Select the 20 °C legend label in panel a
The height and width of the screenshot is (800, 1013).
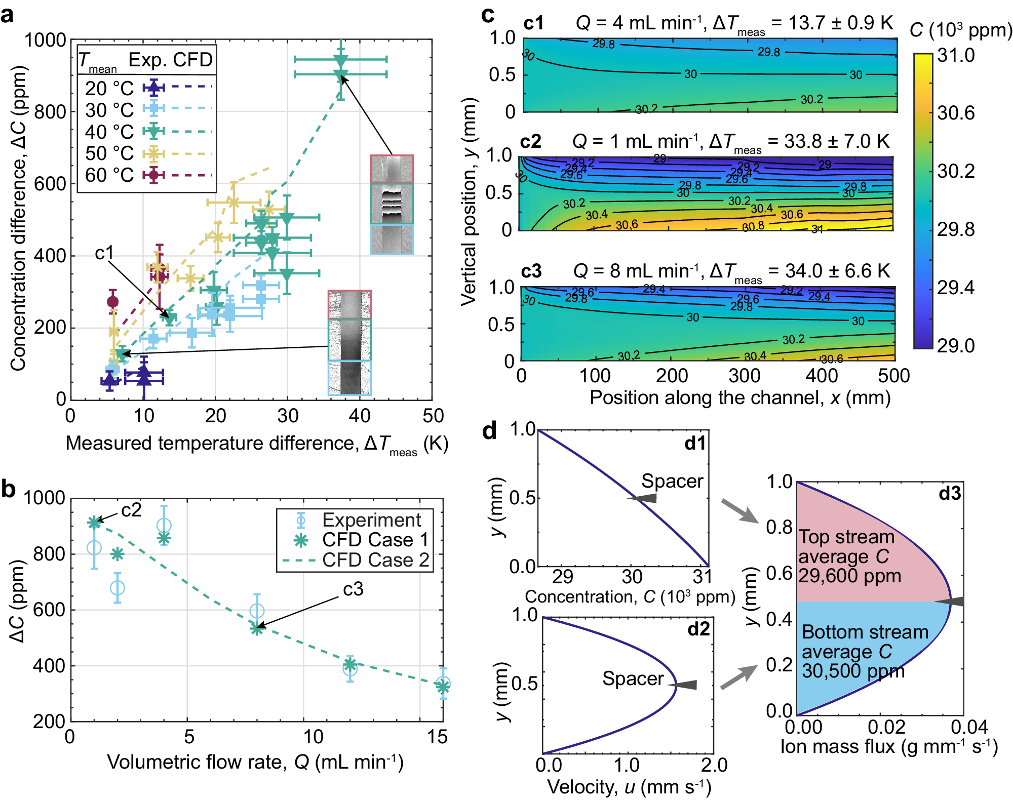[109, 88]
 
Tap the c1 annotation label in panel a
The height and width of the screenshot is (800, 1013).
[104, 253]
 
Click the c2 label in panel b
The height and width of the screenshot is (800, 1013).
[131, 510]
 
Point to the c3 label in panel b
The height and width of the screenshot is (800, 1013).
[353, 589]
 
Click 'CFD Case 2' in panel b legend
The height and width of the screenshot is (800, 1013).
[375, 560]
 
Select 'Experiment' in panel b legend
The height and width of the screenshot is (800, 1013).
[371, 520]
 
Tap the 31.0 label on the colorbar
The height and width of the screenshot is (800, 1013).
[956, 55]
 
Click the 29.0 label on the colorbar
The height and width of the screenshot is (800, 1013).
[956, 345]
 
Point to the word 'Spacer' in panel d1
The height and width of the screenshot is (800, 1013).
[672, 481]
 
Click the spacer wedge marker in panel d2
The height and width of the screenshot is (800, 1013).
[686, 685]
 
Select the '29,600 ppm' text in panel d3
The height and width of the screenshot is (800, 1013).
[849, 576]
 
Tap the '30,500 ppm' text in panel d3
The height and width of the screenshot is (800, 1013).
[853, 671]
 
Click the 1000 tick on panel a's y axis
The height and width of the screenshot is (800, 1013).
[46, 39]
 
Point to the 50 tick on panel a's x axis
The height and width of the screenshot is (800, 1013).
[433, 416]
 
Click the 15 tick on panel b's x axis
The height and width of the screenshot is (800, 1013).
[437, 737]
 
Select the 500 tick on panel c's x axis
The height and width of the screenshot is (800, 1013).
[894, 376]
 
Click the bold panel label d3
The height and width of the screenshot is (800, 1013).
[949, 493]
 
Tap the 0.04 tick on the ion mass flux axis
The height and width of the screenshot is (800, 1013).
[969, 727]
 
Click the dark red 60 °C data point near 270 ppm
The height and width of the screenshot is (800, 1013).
[113, 302]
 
